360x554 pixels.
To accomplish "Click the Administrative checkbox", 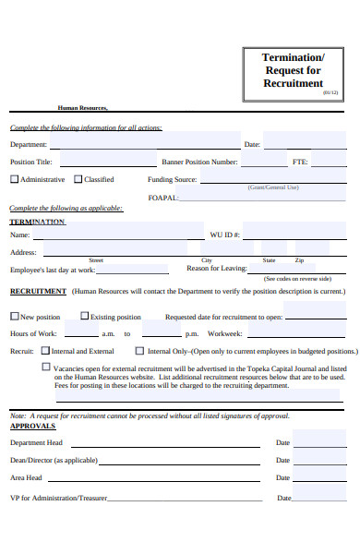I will pyautogui.click(x=14, y=179).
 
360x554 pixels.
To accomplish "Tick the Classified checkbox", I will pyautogui.click(x=78, y=179).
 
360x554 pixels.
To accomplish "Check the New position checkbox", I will pyautogui.click(x=14, y=317).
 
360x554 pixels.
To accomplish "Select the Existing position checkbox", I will pyautogui.click(x=84, y=317).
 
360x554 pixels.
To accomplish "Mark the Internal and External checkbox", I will pyautogui.click(x=45, y=351).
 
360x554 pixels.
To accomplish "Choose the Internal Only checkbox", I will pyautogui.click(x=139, y=351).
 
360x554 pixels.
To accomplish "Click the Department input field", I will pyautogui.click(x=143, y=144).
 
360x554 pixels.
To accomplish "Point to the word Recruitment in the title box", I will pyautogui.click(x=293, y=82).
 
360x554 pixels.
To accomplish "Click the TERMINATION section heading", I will pyautogui.click(x=37, y=222).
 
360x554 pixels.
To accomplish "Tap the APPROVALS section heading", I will pyautogui.click(x=32, y=427).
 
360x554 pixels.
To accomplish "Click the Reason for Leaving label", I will pyautogui.click(x=216, y=269).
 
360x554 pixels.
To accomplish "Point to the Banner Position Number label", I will pyautogui.click(x=199, y=162).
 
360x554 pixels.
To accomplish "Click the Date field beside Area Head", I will pyautogui.click(x=318, y=477).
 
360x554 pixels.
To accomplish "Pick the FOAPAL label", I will pyautogui.click(x=162, y=198).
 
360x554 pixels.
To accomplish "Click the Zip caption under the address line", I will pyautogui.click(x=299, y=260).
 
